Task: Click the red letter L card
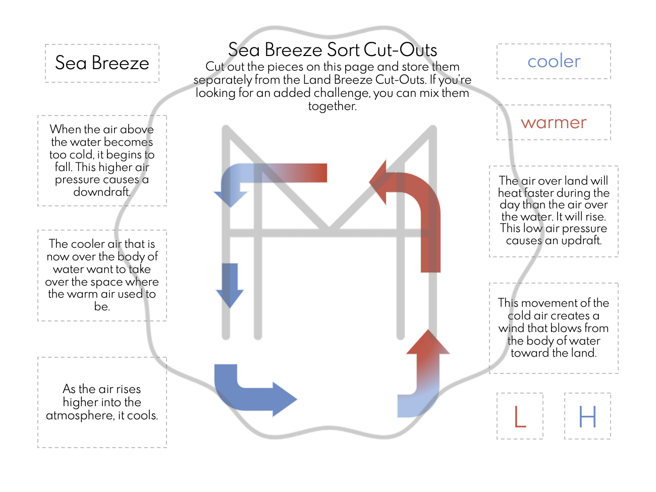pos(520,416)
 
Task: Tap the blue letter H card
pos(587,416)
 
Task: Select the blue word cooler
pos(554,62)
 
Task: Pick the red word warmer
pos(554,123)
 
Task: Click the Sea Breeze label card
pos(102,63)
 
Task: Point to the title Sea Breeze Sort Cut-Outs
pos(333,50)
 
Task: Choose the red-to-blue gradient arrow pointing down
pos(267,177)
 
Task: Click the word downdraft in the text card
pos(101,192)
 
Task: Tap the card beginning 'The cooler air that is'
pos(102,275)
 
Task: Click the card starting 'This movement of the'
pos(554,328)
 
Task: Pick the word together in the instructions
pos(332,106)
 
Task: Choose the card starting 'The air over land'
pos(554,211)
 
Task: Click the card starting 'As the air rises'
pos(102,402)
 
